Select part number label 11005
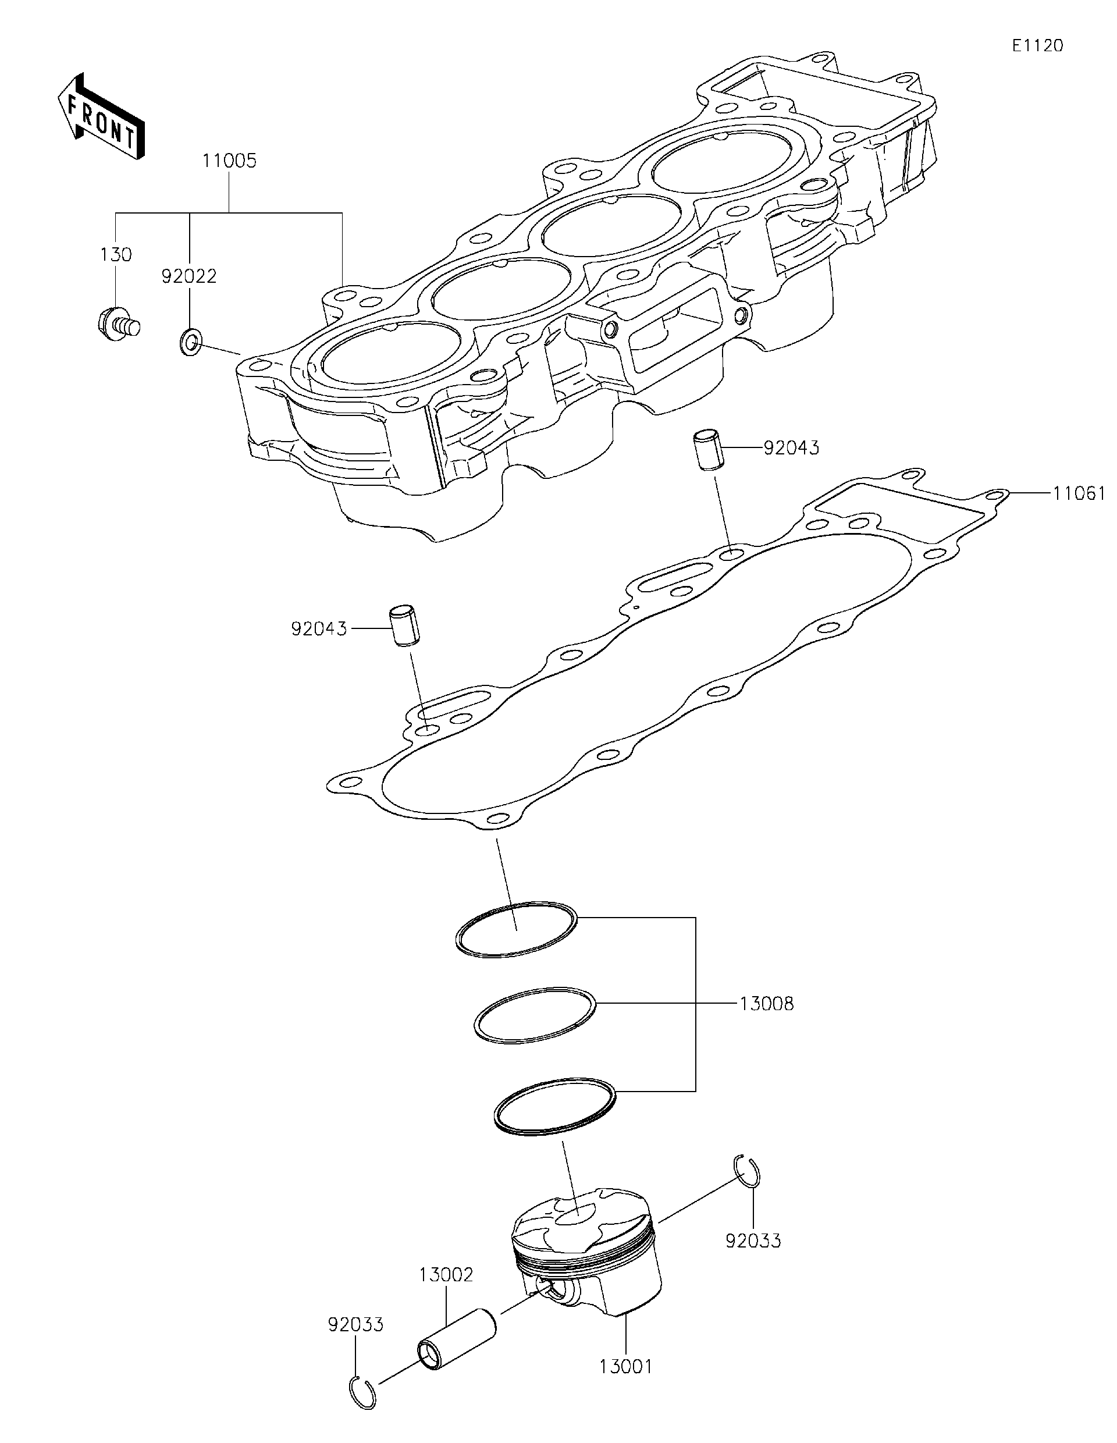pyautogui.click(x=229, y=161)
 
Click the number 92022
pyautogui.click(x=189, y=276)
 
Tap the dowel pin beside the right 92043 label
pyautogui.click(x=707, y=450)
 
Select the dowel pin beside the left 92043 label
pyautogui.click(x=401, y=625)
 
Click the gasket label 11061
pyautogui.click(x=1079, y=493)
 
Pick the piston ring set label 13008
pyautogui.click(x=766, y=1004)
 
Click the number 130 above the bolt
pyautogui.click(x=116, y=254)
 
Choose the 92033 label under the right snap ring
pyautogui.click(x=753, y=1241)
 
